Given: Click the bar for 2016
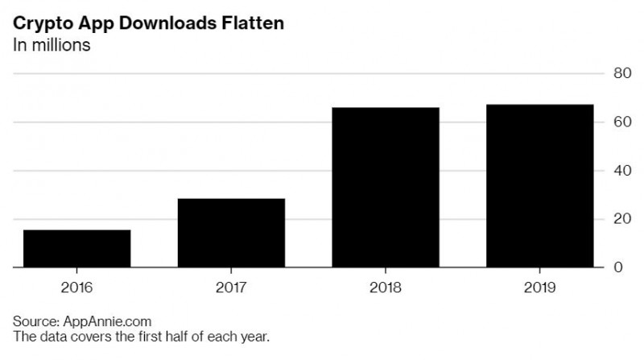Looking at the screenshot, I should pos(76,248).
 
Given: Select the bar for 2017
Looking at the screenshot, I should pos(231,232).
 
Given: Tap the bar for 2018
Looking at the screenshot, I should pos(386,187).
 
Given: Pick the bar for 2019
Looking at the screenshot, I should pos(540,186).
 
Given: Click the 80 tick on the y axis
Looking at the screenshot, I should pos(621,74).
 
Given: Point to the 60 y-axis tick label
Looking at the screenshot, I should pos(621,122).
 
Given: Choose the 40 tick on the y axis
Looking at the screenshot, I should pos(621,171).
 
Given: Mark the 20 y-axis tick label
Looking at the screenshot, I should pos(621,219).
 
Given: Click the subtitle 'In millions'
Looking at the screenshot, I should pos(51,44).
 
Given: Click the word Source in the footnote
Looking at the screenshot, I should pos(33,321).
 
